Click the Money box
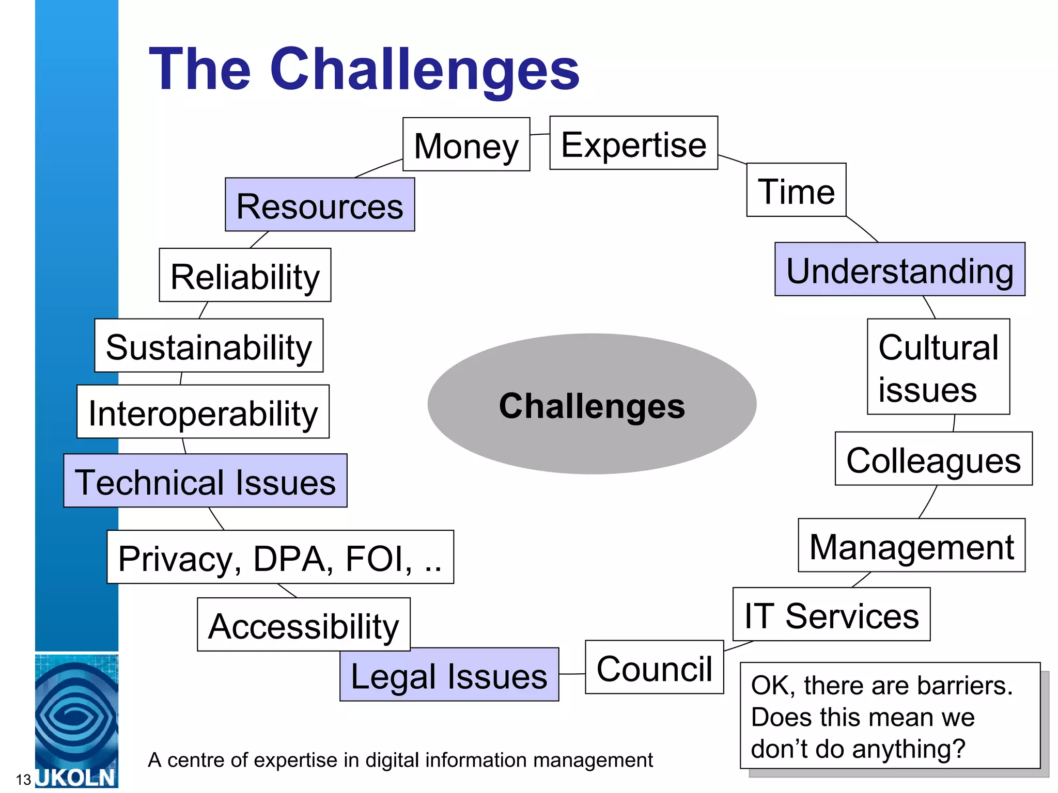pos(466,145)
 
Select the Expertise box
pos(633,143)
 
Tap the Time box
pos(796,190)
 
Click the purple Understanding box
pos(899,269)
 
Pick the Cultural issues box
pos(938,367)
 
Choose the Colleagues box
pos(933,459)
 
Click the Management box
pos(911,546)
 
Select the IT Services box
pos(831,614)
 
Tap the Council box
pos(654,668)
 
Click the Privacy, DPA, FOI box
pos(280,557)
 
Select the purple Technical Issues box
pos(205,481)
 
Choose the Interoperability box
pos(203,412)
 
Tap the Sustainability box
pos(209,346)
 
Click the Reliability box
pos(245,275)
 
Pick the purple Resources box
pos(319,205)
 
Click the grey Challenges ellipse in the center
pos(592,404)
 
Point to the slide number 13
pos(23,780)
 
